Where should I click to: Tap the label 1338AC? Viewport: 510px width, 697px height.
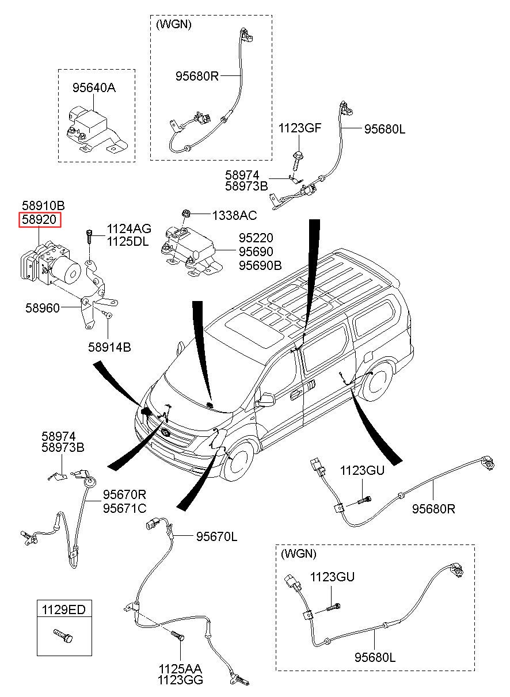(x=234, y=215)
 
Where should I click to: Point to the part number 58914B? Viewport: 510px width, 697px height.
(x=109, y=347)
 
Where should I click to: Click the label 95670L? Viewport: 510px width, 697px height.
(x=216, y=536)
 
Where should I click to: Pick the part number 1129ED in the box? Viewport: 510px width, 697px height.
(x=65, y=609)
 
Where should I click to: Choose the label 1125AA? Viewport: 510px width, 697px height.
(x=180, y=669)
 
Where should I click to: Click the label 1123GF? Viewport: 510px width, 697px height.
(x=300, y=128)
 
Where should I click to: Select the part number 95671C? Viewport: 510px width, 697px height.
(x=124, y=508)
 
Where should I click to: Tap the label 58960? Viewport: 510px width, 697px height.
(x=42, y=308)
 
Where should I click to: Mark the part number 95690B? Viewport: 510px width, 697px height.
(x=260, y=265)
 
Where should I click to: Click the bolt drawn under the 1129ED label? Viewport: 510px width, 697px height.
(x=63, y=636)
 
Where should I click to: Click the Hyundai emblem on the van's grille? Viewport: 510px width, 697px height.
(x=166, y=433)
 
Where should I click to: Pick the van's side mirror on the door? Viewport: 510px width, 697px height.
(x=266, y=399)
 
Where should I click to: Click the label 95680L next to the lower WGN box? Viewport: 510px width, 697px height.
(x=375, y=657)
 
